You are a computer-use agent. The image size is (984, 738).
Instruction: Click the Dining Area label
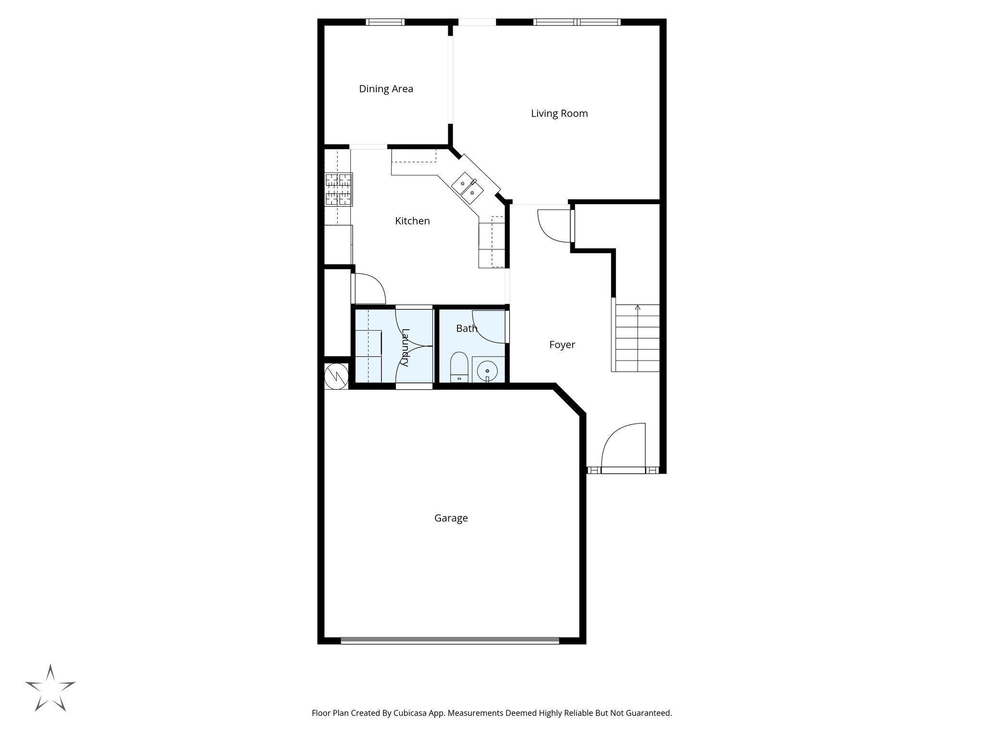386,89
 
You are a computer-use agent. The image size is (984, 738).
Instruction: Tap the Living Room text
559,113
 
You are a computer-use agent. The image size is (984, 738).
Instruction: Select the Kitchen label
412,221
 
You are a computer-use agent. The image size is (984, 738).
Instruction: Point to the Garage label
451,518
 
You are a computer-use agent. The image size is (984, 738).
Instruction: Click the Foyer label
562,344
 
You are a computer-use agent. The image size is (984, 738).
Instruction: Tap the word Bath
467,329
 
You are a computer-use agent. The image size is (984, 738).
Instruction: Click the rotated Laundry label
405,347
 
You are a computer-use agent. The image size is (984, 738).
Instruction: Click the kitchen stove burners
339,189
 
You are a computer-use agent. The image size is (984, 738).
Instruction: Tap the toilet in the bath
459,368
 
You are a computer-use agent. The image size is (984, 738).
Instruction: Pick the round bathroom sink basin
488,371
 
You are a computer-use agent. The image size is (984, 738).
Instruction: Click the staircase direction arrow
638,307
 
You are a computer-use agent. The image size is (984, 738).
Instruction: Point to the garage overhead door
450,640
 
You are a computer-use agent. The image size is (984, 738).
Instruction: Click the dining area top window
385,22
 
